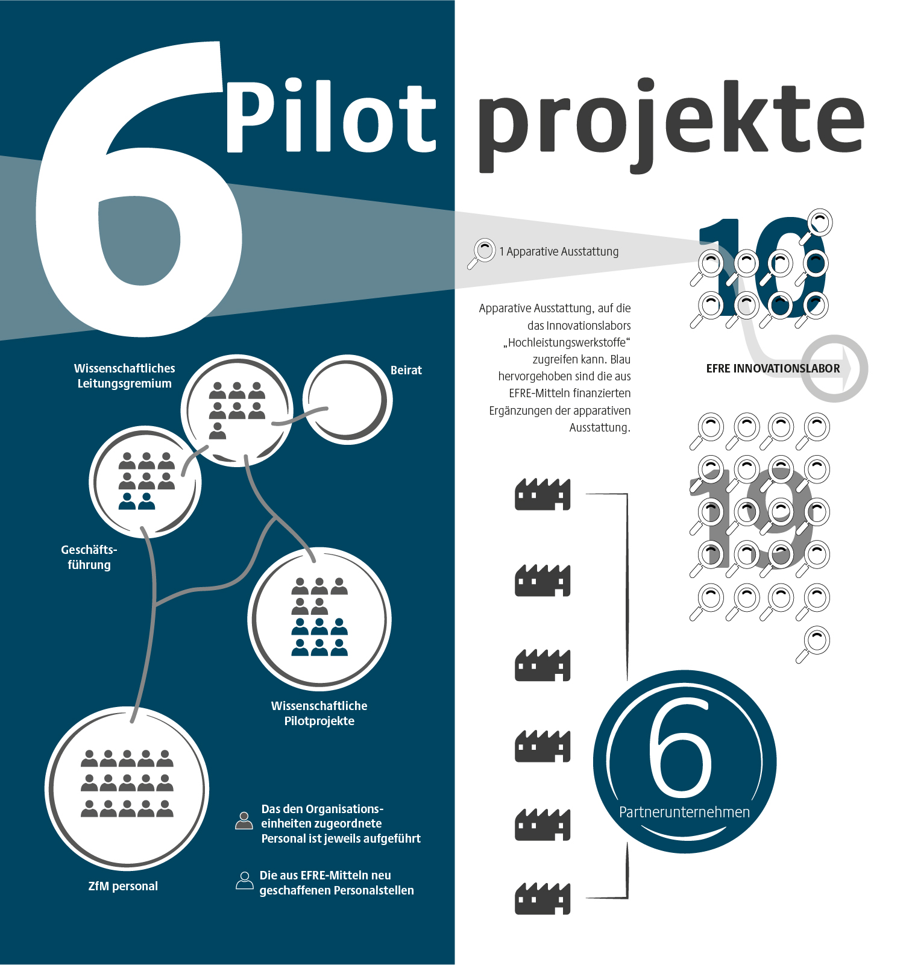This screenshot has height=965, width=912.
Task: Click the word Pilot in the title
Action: (330, 116)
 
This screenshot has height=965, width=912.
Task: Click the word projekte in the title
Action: (671, 125)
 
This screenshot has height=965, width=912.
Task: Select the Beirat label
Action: (406, 370)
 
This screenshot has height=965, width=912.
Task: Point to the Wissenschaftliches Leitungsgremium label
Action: (125, 376)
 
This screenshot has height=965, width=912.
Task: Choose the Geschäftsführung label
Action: (89, 557)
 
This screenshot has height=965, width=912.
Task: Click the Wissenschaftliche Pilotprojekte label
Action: (319, 713)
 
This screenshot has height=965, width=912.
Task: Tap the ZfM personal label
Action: (123, 886)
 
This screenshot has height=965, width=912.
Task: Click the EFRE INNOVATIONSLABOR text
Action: (773, 368)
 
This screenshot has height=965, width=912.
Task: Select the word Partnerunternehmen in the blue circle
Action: (684, 812)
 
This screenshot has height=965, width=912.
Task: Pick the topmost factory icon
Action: (542, 494)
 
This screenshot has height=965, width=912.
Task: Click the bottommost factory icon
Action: (542, 898)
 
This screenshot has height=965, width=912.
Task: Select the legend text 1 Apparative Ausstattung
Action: (559, 251)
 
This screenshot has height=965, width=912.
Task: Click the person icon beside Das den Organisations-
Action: (244, 820)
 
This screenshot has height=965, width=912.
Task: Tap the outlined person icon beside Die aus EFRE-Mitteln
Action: (244, 880)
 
